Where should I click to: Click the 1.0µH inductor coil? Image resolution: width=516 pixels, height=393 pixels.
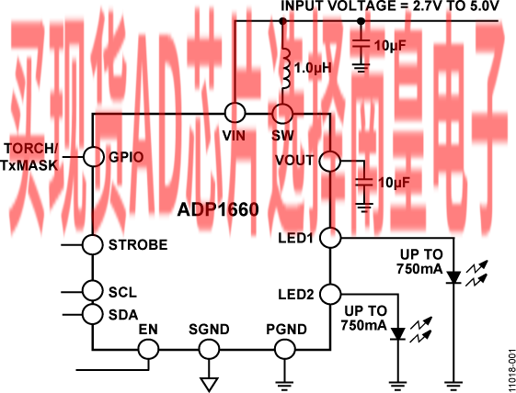286,69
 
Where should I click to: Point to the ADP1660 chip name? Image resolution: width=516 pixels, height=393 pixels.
218,209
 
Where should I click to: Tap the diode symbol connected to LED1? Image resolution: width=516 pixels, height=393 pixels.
454,277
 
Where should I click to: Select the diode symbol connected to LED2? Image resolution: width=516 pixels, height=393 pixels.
398,334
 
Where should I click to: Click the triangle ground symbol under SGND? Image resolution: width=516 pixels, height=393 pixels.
209,385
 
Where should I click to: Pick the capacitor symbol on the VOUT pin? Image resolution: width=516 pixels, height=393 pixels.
364,182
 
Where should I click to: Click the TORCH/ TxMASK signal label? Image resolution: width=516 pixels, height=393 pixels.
29,157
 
